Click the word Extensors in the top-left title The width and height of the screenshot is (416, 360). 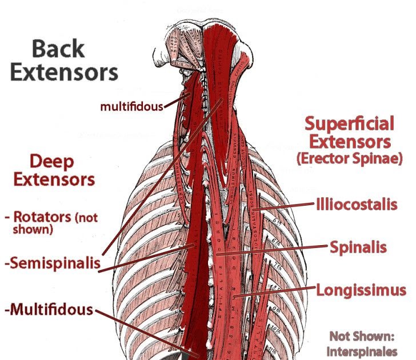pyautogui.click(x=64, y=73)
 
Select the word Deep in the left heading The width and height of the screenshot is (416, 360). pyautogui.click(x=52, y=162)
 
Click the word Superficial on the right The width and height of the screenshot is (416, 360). pyautogui.click(x=349, y=123)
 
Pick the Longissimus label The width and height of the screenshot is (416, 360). pyautogui.click(x=361, y=290)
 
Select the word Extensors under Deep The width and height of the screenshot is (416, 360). pyautogui.click(x=54, y=180)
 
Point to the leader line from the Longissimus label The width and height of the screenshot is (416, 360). pyautogui.click(x=280, y=293)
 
